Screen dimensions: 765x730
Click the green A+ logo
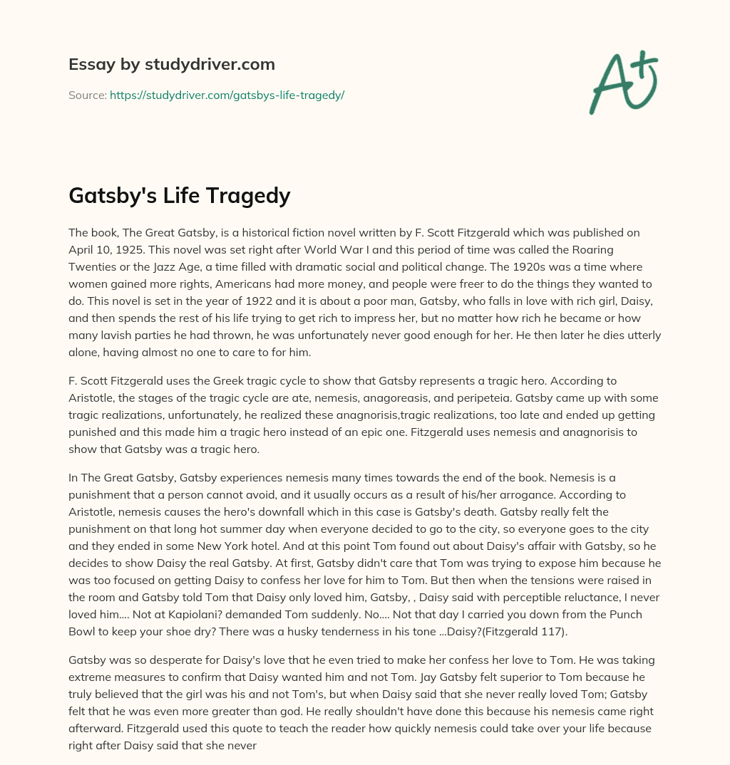tap(623, 83)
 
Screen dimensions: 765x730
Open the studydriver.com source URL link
tap(227, 95)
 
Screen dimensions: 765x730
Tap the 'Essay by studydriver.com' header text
tap(172, 64)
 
